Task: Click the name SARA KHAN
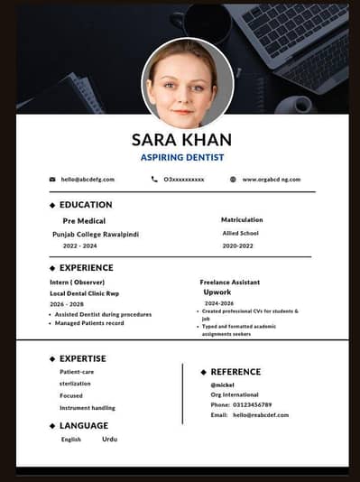(181, 139)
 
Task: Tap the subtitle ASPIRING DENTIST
(181, 157)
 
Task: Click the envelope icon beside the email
(52, 180)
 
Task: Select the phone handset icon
(154, 180)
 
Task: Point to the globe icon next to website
(233, 180)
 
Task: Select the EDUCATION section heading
(86, 205)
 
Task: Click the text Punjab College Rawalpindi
(96, 234)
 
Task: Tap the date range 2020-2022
(238, 246)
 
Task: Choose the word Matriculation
(242, 219)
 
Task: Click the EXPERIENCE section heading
(86, 268)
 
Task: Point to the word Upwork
(217, 292)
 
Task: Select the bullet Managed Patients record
(89, 323)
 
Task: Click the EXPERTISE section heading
(82, 358)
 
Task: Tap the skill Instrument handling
(88, 408)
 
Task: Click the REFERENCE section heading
(235, 372)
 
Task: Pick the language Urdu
(109, 439)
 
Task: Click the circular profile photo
(188, 83)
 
